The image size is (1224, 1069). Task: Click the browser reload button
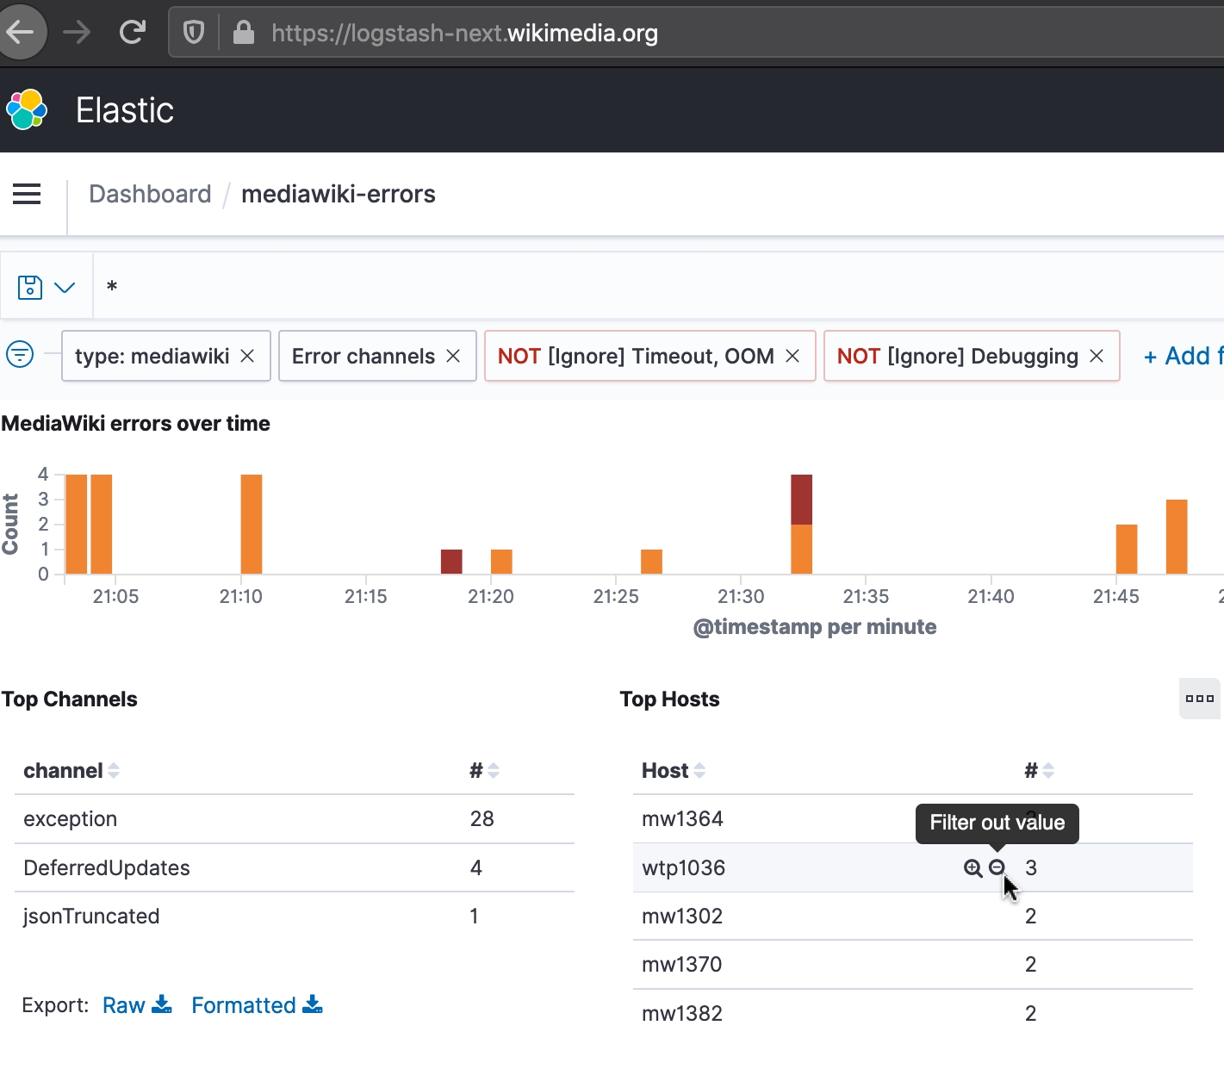[133, 33]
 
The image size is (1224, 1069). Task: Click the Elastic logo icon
[27, 109]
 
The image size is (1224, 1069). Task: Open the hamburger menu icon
[27, 194]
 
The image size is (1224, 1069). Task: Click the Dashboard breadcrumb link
[150, 194]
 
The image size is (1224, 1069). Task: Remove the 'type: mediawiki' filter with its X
[247, 356]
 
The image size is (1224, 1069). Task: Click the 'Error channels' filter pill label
[363, 356]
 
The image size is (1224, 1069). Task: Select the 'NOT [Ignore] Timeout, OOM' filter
[636, 356]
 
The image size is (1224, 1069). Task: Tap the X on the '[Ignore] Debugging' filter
[1097, 356]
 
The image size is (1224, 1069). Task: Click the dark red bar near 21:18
[451, 561]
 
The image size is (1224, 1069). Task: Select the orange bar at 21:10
[252, 524]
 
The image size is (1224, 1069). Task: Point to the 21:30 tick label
[741, 596]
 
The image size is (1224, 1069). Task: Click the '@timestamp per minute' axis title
[814, 626]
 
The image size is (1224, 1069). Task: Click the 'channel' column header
[64, 770]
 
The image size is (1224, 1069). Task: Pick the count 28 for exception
[482, 818]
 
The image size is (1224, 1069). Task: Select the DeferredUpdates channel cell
[107, 867]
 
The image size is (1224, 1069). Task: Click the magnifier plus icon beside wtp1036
[972, 867]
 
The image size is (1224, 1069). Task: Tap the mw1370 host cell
[681, 964]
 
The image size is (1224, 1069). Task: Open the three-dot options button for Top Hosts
[1199, 699]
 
